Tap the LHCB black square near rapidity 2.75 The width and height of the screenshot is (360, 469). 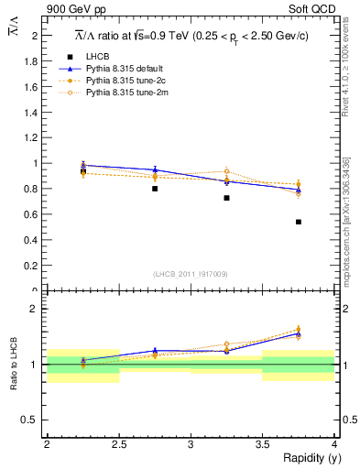click(155, 189)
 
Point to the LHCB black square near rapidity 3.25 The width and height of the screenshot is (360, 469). click(226, 198)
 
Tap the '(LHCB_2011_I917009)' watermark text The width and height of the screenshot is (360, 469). click(191, 274)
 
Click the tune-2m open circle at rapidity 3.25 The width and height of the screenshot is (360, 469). click(226, 171)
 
